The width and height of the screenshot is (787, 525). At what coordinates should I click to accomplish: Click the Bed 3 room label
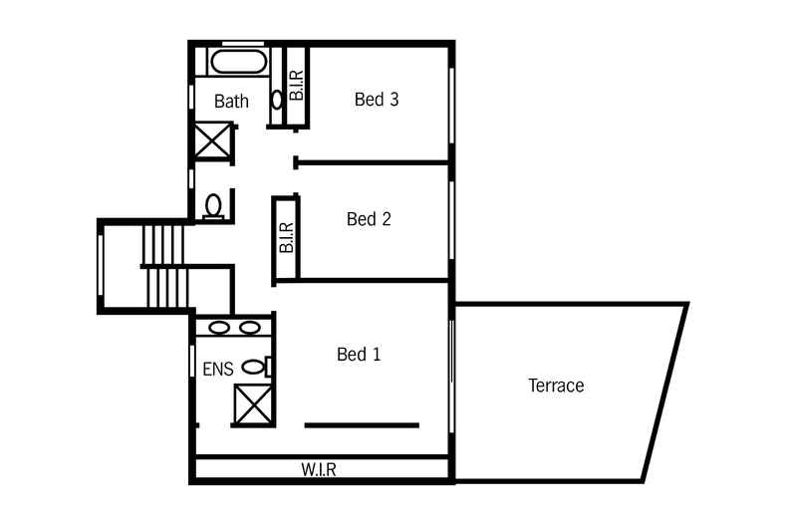point(377,100)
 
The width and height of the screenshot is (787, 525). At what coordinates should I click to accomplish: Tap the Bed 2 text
point(369,219)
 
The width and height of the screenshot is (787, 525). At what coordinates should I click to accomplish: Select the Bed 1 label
point(359,355)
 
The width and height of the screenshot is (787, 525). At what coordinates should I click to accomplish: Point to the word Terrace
point(556,386)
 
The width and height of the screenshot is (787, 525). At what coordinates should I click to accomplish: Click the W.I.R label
point(319,470)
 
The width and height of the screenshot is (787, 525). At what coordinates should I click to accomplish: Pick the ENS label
point(218,370)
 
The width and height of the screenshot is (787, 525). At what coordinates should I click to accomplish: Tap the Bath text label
point(231,102)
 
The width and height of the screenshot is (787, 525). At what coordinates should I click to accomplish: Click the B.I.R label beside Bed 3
point(296,86)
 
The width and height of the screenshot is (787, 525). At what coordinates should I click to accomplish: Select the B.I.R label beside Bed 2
point(286,238)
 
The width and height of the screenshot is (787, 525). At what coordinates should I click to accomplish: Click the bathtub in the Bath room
point(239,62)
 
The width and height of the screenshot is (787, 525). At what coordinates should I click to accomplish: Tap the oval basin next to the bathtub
point(277,100)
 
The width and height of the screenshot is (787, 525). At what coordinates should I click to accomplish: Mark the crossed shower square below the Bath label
point(212,139)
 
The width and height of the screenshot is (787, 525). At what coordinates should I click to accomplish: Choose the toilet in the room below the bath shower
point(212,205)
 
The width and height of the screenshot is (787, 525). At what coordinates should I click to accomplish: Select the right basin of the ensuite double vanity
point(249,327)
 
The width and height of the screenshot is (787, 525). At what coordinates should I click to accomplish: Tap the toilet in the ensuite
point(255,367)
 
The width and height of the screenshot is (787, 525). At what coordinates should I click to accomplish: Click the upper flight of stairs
point(164,244)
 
